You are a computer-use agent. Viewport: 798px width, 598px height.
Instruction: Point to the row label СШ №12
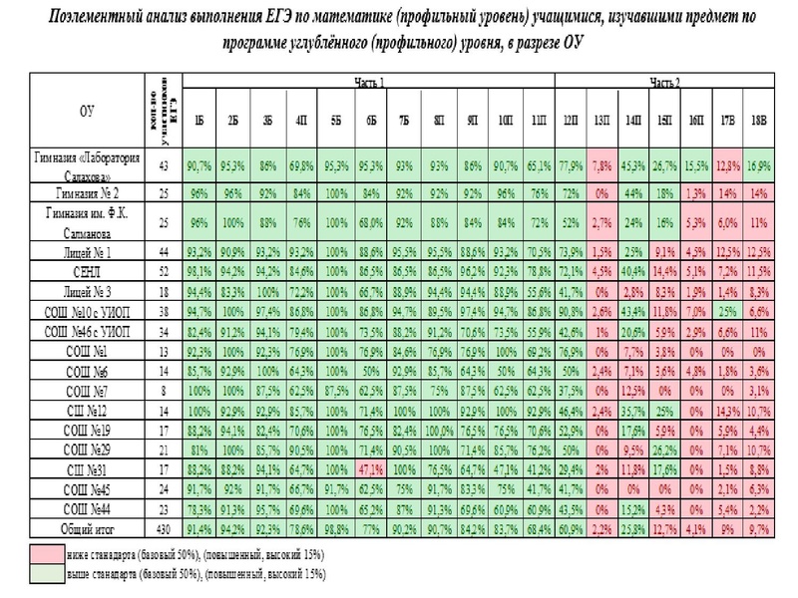90,409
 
